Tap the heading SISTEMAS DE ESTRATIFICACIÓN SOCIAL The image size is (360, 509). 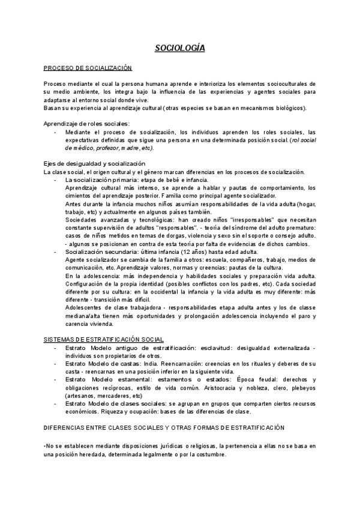pyautogui.click(x=104, y=340)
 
